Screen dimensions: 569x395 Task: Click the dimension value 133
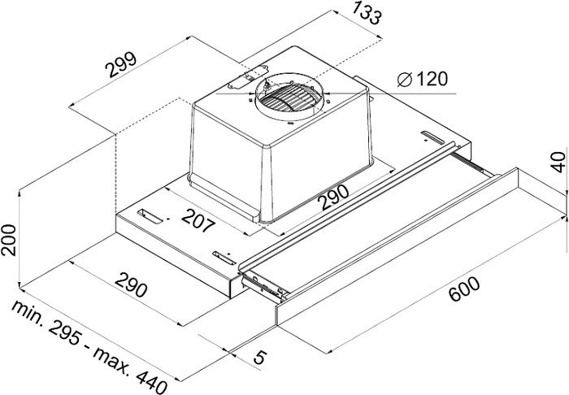pyautogui.click(x=367, y=12)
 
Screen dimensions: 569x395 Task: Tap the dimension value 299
pyautogui.click(x=121, y=65)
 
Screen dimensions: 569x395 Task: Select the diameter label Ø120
pyautogui.click(x=423, y=79)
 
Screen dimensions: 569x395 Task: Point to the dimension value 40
pyautogui.click(x=558, y=162)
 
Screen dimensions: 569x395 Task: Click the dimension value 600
pyautogui.click(x=464, y=289)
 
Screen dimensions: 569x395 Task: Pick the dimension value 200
pyautogui.click(x=9, y=240)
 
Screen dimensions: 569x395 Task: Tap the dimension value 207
pyautogui.click(x=198, y=221)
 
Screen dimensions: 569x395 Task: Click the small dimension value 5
pyautogui.click(x=260, y=358)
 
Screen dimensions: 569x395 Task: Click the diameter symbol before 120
pyautogui.click(x=405, y=80)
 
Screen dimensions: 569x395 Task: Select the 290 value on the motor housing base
pyautogui.click(x=333, y=197)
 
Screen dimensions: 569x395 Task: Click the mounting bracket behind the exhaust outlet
pyautogui.click(x=247, y=77)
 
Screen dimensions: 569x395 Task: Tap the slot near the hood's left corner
pyautogui.click(x=150, y=216)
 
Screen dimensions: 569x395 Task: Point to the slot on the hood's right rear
pyautogui.click(x=432, y=137)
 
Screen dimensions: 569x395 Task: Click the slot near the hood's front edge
pyautogui.click(x=225, y=258)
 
